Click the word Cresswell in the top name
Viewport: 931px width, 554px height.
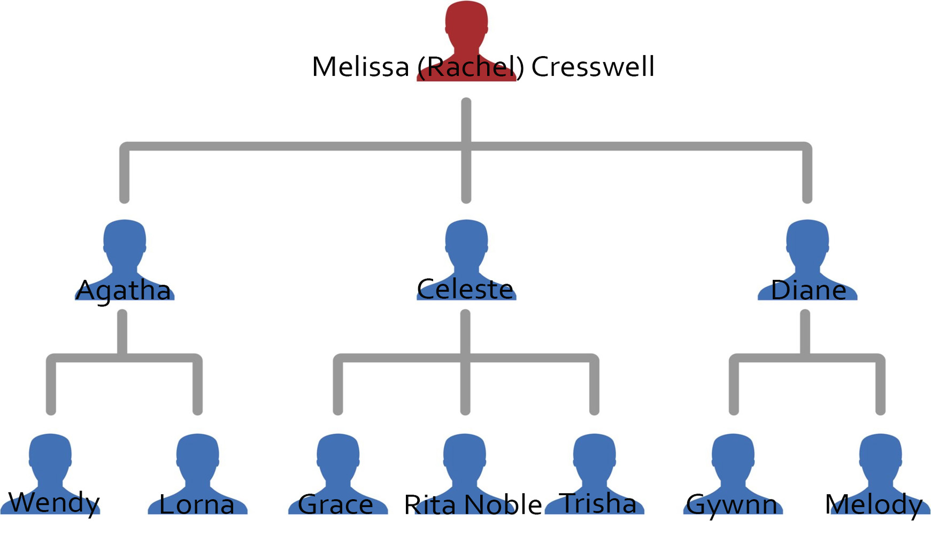593,67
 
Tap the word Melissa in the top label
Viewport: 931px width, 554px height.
360,67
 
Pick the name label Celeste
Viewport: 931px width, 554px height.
465,290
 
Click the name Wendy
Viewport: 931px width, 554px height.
54,503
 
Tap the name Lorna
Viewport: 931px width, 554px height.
197,504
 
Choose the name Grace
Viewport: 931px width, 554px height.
335,504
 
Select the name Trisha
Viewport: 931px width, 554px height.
597,503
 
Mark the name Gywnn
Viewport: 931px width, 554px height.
732,505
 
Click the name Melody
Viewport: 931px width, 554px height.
874,505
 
